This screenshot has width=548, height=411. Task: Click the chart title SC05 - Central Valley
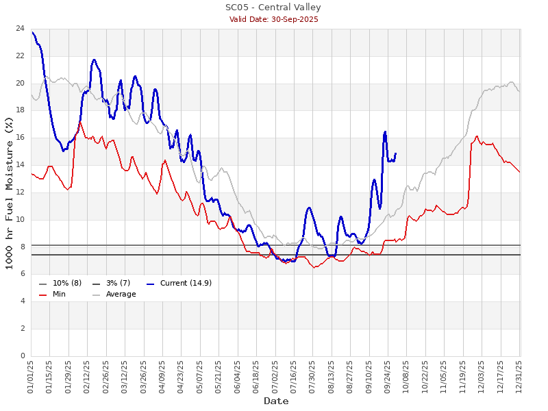coord(273,8)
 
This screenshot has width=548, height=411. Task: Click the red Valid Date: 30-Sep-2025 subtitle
coord(273,19)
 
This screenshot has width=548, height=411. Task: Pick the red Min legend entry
coord(59,294)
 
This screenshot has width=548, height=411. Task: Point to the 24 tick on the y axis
coord(21,29)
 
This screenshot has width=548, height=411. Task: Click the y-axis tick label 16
coord(21,138)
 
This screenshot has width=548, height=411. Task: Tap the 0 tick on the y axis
coord(23,356)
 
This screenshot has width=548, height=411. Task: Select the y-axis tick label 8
coord(23,247)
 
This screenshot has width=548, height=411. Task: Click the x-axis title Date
coord(276,401)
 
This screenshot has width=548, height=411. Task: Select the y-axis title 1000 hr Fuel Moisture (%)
coord(9,192)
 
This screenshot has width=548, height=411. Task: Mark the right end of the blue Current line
coord(396,153)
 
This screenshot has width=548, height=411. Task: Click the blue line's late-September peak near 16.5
coord(386,132)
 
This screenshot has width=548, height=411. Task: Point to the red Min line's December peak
coord(477,136)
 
